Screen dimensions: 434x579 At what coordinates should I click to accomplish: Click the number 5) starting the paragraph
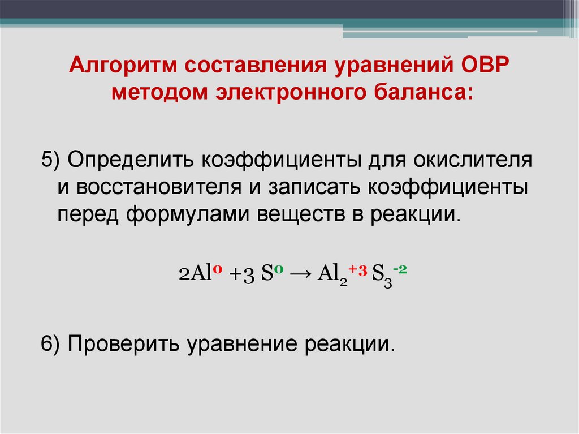(51, 160)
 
